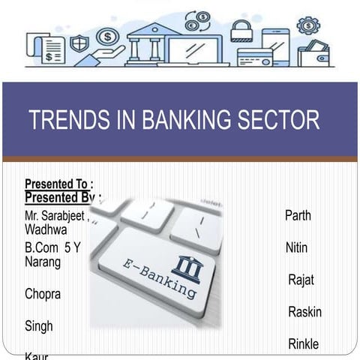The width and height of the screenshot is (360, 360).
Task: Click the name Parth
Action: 298,215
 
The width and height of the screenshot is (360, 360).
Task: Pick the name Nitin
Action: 296,247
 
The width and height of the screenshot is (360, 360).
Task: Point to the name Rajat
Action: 301,280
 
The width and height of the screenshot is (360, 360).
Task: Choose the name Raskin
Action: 304,312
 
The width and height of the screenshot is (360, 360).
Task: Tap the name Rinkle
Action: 303,344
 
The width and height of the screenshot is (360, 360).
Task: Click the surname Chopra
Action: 43,294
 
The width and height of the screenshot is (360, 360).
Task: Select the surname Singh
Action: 39,326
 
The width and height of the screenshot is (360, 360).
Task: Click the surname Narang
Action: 43,262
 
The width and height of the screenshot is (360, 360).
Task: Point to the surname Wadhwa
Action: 46,229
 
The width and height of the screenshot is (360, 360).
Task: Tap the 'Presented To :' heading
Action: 59,184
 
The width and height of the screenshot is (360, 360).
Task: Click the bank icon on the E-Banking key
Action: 186,268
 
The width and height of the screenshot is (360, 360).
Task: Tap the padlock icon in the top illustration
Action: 241,31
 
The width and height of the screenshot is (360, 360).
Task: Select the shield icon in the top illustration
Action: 79,43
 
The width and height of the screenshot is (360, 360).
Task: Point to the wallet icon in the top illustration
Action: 313,54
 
